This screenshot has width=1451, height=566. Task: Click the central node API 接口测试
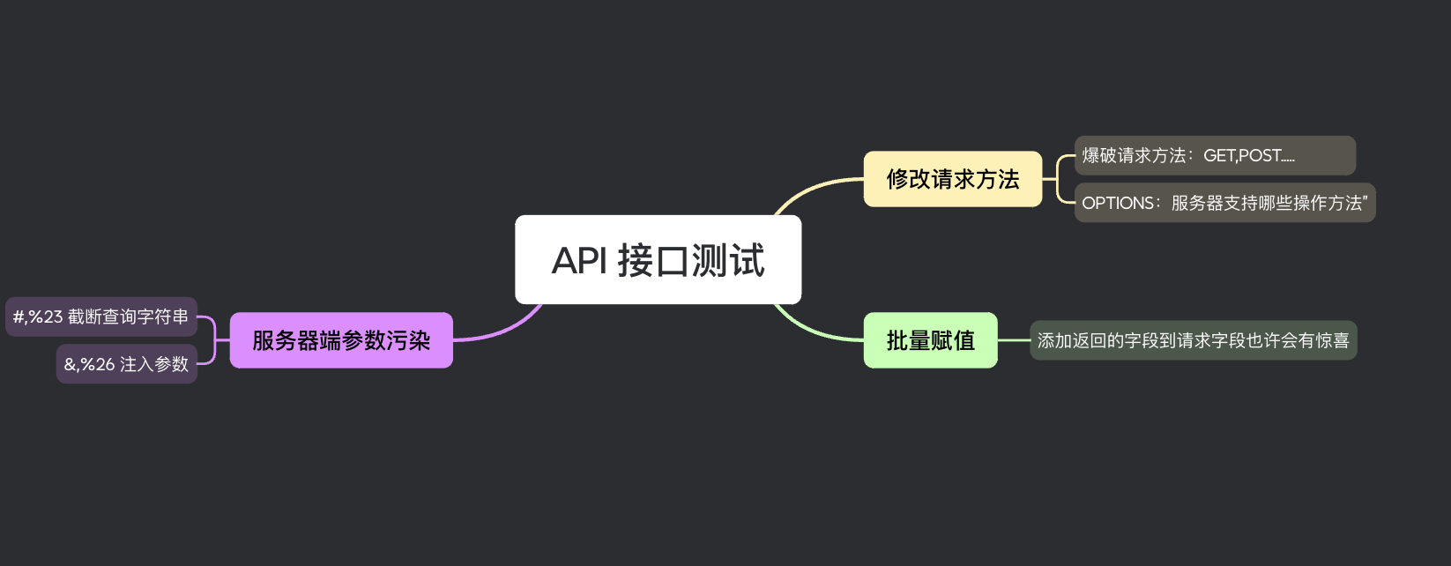click(658, 260)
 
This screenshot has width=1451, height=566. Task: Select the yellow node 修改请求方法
click(952, 179)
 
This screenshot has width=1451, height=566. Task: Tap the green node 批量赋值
click(930, 340)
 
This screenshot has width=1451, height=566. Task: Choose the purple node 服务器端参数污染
click(341, 340)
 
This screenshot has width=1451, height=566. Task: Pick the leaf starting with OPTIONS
click(1224, 203)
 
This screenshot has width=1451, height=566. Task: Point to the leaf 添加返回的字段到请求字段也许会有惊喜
click(1193, 340)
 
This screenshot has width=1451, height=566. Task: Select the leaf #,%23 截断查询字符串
click(100, 317)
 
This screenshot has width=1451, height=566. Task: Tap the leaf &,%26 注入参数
click(126, 364)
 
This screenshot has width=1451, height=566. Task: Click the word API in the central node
click(579, 261)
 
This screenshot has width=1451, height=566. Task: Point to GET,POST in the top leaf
click(1242, 156)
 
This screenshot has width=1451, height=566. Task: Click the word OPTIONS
click(1118, 203)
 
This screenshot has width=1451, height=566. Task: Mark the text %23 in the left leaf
click(45, 317)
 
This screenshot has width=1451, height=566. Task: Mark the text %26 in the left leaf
click(97, 364)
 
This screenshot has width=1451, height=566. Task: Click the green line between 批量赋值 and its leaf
click(1014, 340)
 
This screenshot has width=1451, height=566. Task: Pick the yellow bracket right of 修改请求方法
click(1057, 179)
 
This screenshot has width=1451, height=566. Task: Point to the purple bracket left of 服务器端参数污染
click(214, 340)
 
